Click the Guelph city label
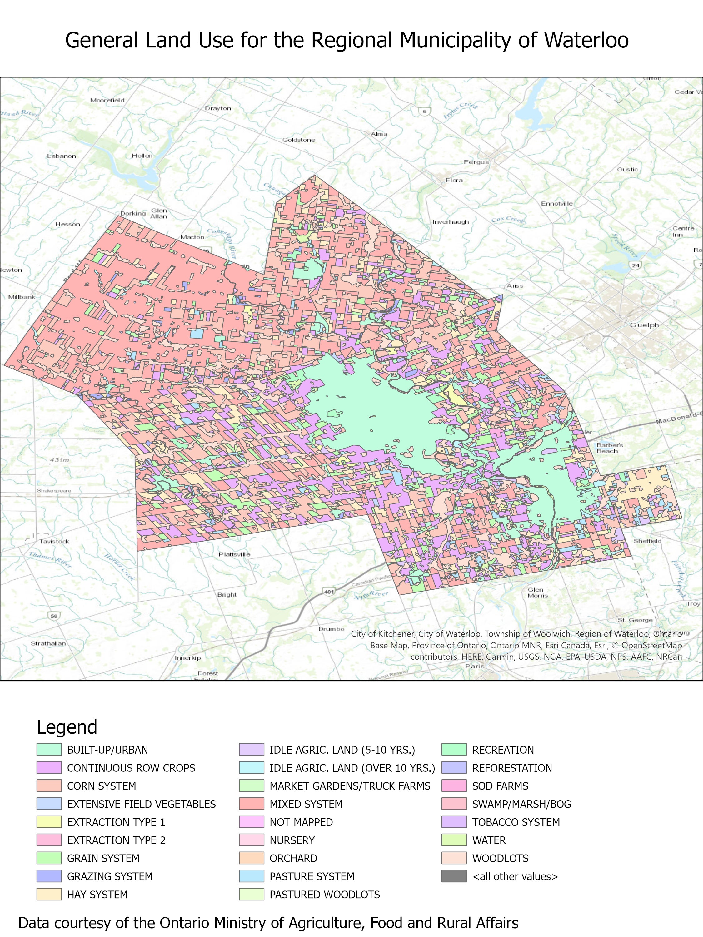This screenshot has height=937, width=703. click(644, 325)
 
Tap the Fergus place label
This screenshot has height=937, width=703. click(476, 162)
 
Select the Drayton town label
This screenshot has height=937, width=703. click(218, 108)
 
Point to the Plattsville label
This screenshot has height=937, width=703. click(234, 554)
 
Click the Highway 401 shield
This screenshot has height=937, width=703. click(329, 592)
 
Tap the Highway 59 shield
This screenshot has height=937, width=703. click(54, 616)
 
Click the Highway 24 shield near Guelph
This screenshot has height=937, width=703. click(635, 265)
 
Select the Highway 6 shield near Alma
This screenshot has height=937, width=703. click(424, 112)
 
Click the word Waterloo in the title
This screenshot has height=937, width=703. click(586, 40)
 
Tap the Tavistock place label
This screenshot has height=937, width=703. click(54, 541)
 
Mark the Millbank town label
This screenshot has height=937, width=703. click(22, 297)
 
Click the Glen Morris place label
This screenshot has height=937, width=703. click(538, 592)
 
